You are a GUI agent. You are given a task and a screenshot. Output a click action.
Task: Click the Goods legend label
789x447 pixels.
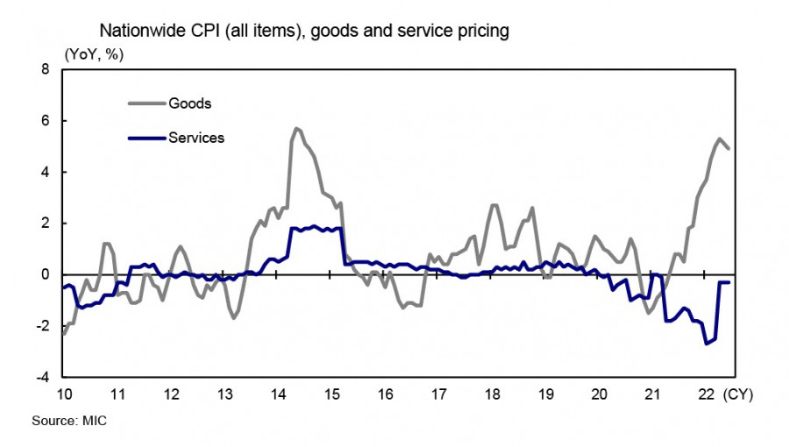pyautogui.click(x=190, y=103)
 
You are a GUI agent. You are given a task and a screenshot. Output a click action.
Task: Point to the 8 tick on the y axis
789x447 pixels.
pyautogui.click(x=45, y=68)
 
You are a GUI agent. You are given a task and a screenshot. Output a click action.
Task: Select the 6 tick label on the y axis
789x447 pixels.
pyautogui.click(x=45, y=120)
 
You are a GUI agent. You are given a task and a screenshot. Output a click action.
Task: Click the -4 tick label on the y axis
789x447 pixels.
pyautogui.click(x=41, y=378)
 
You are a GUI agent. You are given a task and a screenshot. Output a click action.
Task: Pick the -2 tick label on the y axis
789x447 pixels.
pyautogui.click(x=41, y=326)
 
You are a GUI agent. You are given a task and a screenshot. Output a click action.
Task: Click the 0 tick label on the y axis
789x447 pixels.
pyautogui.click(x=45, y=274)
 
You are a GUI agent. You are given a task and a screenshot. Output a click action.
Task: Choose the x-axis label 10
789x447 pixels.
pyautogui.click(x=64, y=394)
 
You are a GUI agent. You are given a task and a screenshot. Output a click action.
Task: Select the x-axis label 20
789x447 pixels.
pyautogui.click(x=599, y=394)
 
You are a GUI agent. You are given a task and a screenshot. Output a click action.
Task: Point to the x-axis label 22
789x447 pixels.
pyautogui.click(x=706, y=394)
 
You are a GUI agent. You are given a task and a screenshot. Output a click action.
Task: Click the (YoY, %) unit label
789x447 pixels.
pyautogui.click(x=94, y=53)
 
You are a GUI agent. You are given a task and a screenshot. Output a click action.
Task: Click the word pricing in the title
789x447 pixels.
pyautogui.click(x=483, y=32)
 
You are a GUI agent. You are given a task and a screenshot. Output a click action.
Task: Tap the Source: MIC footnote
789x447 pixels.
pyautogui.click(x=69, y=422)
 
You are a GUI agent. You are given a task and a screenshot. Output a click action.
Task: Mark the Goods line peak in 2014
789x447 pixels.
pyautogui.click(x=296, y=128)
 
